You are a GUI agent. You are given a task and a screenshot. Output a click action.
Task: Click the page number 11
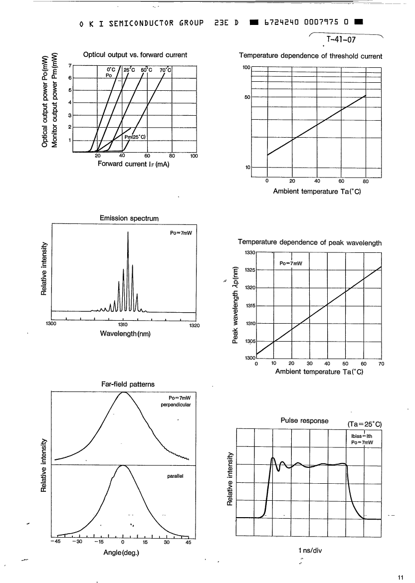[x=401, y=578]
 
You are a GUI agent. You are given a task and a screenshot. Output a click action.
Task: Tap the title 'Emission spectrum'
[x=129, y=218]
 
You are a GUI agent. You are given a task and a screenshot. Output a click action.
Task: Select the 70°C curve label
[x=165, y=70]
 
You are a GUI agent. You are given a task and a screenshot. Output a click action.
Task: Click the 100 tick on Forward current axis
[x=194, y=156]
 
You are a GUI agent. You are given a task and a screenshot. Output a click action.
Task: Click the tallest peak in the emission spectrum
[x=128, y=233]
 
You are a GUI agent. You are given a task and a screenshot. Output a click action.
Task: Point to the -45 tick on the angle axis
[x=55, y=543]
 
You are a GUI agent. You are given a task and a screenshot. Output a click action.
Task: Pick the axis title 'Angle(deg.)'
[x=122, y=553]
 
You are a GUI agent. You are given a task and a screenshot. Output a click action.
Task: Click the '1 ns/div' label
[x=310, y=551]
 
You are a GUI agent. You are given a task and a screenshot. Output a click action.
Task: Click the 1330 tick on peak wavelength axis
[x=250, y=253]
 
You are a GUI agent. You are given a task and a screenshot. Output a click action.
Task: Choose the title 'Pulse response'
[x=305, y=420]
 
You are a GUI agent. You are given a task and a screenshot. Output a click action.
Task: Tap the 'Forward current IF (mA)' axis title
[x=134, y=165]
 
